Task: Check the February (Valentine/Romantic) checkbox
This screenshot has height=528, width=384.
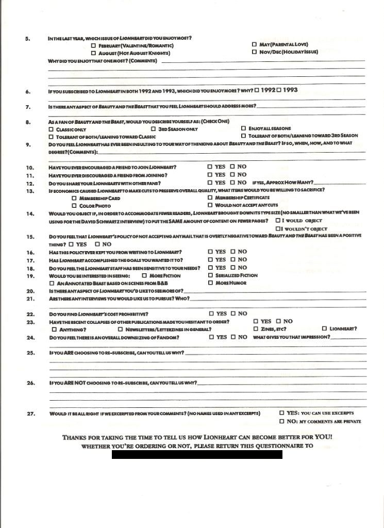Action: tap(93, 46)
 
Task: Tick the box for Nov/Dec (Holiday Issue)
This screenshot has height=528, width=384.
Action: tap(254, 52)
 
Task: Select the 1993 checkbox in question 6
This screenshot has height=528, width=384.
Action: tap(279, 90)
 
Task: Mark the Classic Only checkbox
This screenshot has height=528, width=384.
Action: tap(51, 129)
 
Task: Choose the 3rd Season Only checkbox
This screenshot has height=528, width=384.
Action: tap(154, 129)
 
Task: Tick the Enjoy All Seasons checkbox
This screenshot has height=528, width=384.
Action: tap(243, 128)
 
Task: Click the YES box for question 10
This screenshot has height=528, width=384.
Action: tap(210, 167)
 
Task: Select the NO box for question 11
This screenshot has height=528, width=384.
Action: tap(232, 175)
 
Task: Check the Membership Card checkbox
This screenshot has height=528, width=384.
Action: tap(74, 198)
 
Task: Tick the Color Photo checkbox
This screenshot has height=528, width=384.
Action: tap(74, 206)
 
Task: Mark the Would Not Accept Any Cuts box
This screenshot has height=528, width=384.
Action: tap(210, 205)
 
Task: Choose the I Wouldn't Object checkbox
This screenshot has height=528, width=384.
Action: tap(278, 228)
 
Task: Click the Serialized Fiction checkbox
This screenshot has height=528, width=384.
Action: tap(210, 275)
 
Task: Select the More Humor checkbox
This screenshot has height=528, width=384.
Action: tap(210, 283)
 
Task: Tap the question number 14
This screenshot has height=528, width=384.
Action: tap(30, 213)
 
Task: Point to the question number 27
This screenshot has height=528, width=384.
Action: tap(30, 414)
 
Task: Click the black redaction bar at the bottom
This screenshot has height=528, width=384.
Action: tap(197, 454)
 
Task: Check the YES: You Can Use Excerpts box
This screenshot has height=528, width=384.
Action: tap(281, 413)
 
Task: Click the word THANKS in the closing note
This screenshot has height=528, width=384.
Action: tap(74, 437)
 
